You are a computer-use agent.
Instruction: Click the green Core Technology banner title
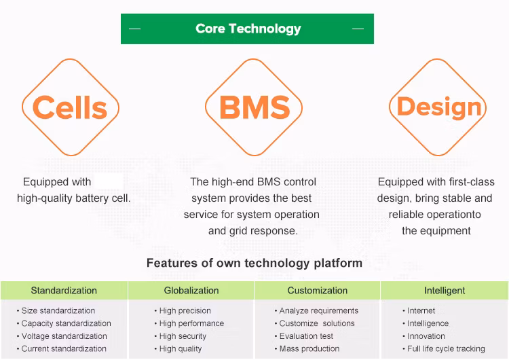pyautogui.click(x=248, y=29)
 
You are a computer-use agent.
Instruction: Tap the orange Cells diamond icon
pyautogui.click(x=70, y=107)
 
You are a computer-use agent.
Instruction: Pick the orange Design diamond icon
pyautogui.click(x=439, y=107)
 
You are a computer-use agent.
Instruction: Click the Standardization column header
pyautogui.click(x=64, y=290)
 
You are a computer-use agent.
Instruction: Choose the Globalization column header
pyautogui.click(x=191, y=290)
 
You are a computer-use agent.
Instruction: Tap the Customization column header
pyautogui.click(x=317, y=290)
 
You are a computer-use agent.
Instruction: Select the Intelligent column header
pyautogui.click(x=445, y=290)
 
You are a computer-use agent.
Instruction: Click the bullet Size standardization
pyautogui.click(x=58, y=310)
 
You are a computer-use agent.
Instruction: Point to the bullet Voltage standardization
pyautogui.click(x=64, y=336)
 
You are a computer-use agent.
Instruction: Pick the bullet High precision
pyautogui.click(x=185, y=310)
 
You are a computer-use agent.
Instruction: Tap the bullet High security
pyautogui.click(x=183, y=336)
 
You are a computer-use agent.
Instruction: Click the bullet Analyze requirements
pyautogui.click(x=318, y=310)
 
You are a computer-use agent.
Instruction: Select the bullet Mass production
pyautogui.click(x=309, y=348)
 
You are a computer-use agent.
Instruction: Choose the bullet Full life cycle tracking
pyautogui.click(x=446, y=348)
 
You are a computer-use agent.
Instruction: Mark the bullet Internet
pyautogui.click(x=421, y=310)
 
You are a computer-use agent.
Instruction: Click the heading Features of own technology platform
pyautogui.click(x=254, y=263)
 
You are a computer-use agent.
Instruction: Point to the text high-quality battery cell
pyautogui.click(x=74, y=198)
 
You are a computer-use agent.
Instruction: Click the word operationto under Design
pyautogui.click(x=455, y=215)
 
